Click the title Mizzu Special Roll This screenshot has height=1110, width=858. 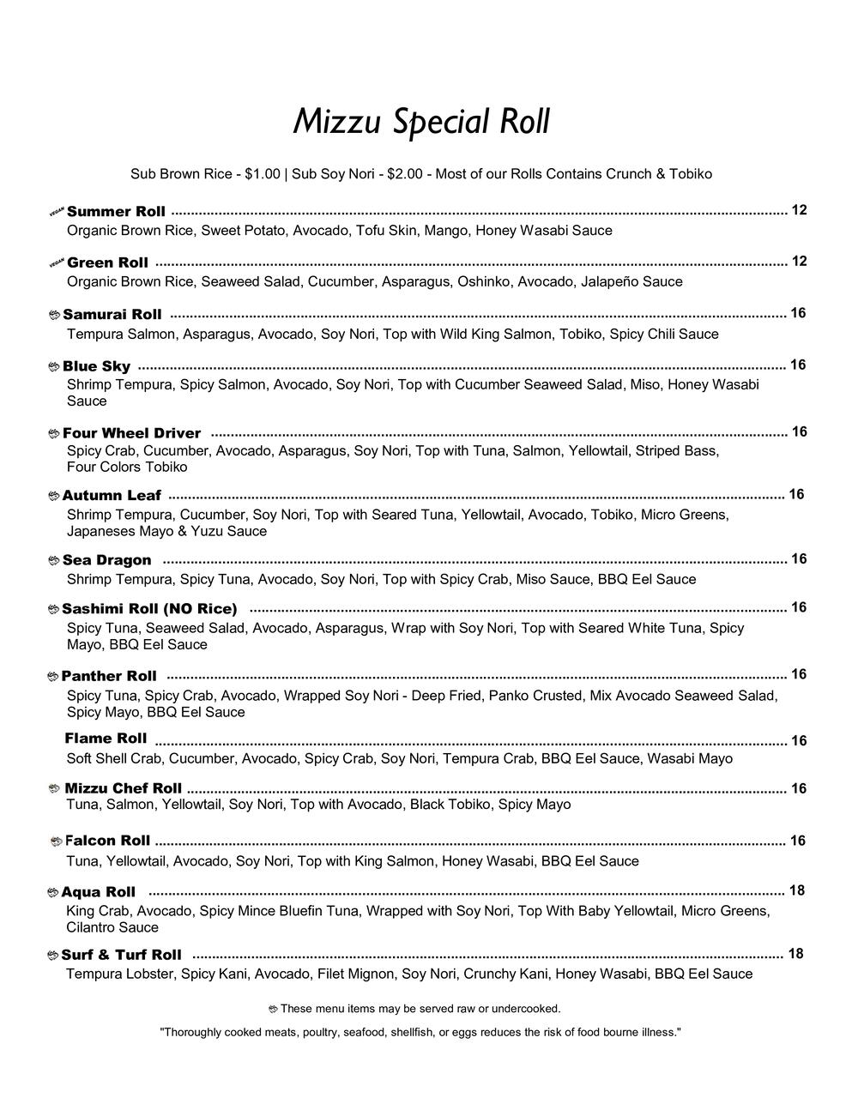tap(420, 122)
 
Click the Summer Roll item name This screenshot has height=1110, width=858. tap(116, 212)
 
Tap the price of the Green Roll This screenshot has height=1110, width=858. tap(799, 262)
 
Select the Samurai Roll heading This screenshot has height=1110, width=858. tap(112, 315)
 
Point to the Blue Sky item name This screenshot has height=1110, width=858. tap(96, 366)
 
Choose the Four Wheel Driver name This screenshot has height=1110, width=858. tap(131, 433)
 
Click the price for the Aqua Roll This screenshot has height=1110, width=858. tap(796, 891)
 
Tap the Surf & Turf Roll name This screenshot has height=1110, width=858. tap(121, 955)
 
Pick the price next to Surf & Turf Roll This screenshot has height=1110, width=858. tap(795, 954)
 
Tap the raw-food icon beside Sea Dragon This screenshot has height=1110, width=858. tap(54, 561)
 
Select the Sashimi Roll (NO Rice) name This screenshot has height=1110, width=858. tap(149, 609)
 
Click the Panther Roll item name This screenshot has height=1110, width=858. tap(109, 676)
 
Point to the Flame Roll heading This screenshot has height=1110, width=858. tap(106, 739)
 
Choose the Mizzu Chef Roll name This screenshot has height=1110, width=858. tap(123, 788)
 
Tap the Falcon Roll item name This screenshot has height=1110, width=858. tap(107, 841)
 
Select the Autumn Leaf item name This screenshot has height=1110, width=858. tap(112, 496)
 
